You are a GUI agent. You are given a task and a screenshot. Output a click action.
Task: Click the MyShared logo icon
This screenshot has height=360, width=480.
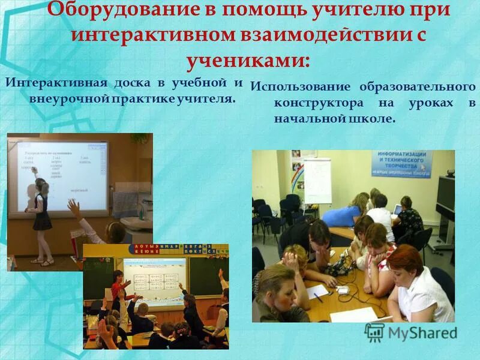click(x=374, y=332)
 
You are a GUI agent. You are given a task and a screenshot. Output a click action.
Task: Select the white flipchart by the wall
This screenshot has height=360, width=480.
click(x=317, y=180)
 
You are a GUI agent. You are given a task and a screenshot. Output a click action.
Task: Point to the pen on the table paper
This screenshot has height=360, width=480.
click(x=317, y=296)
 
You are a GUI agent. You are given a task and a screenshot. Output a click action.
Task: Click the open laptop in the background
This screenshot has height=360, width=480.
click(x=397, y=210)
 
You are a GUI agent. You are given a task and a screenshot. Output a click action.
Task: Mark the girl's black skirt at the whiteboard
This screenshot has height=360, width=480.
click(x=42, y=221)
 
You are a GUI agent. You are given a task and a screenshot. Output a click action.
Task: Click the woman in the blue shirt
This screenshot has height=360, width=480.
click(x=347, y=210)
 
